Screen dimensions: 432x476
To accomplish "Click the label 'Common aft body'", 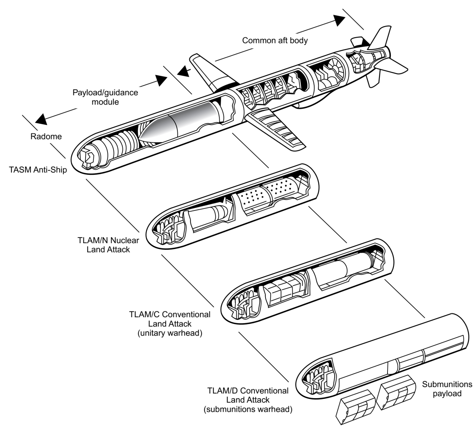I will pos(275,40).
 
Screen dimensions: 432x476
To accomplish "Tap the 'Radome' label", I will pos(46,136).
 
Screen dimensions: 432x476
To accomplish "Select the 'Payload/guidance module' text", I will pos(105,97).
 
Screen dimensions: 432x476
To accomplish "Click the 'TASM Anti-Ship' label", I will pos(38,171).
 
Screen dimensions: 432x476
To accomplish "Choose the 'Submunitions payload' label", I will pos(447,389).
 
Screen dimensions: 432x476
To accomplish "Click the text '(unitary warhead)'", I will pos(170,333).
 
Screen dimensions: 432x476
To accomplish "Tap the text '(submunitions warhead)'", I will pos(248,410).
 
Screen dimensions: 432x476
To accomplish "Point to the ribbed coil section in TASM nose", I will pos(113,147).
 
